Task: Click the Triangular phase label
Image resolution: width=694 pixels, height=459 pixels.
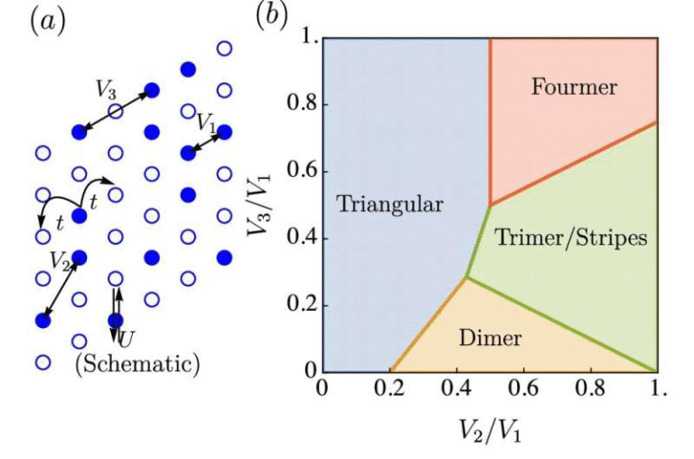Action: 389,204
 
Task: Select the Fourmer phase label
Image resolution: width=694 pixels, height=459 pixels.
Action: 574,88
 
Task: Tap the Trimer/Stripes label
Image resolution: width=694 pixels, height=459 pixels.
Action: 571,239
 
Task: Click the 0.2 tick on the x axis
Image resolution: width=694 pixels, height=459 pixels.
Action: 389,389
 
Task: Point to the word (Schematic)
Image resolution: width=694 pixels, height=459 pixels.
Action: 136,364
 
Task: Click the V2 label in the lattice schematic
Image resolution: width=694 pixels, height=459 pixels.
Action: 60,262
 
